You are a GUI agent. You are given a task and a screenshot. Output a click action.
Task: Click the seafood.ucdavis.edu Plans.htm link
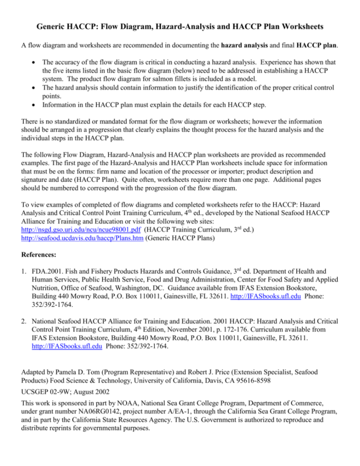click(78, 238)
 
